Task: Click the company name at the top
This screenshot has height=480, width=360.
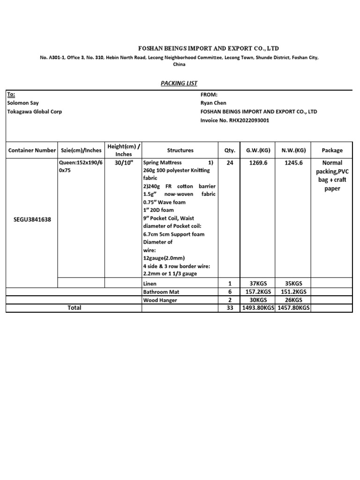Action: pos(208,49)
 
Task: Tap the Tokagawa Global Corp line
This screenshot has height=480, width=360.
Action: pos(35,112)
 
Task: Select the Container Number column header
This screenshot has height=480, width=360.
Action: pos(32,150)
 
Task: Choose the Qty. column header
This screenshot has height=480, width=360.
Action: pos(229,150)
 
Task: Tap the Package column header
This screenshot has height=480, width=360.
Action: pos(332,150)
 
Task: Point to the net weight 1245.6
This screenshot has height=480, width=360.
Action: pos(294,163)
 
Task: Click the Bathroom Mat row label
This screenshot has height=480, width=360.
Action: pos(161,292)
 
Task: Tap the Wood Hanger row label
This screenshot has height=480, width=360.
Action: pos(160,300)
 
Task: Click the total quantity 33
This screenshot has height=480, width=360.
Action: pos(230,308)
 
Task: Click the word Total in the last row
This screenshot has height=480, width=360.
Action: pos(75,307)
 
